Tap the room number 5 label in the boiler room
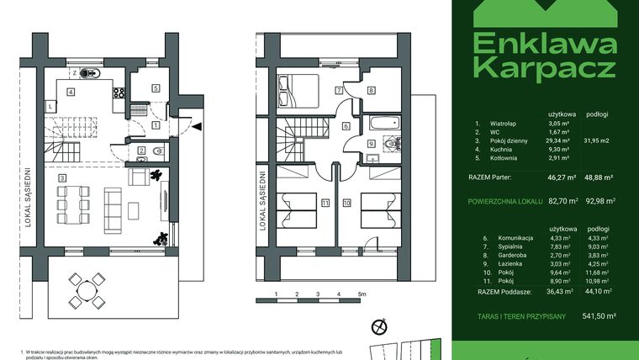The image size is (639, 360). (156, 87)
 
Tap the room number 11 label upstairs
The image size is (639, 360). (325, 204)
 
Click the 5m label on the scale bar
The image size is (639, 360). (362, 294)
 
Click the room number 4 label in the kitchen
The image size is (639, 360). (71, 93)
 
